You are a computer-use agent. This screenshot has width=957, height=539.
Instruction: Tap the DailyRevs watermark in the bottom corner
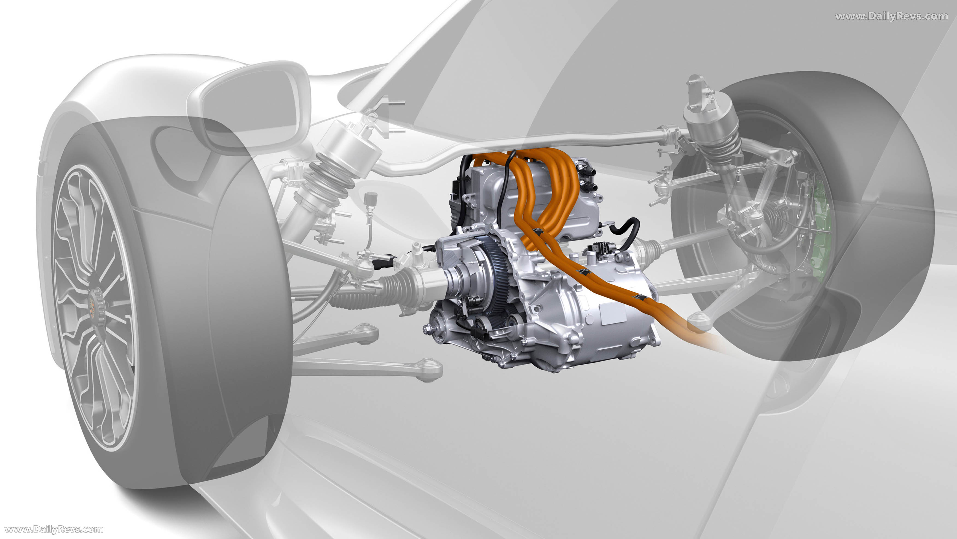(54, 529)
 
